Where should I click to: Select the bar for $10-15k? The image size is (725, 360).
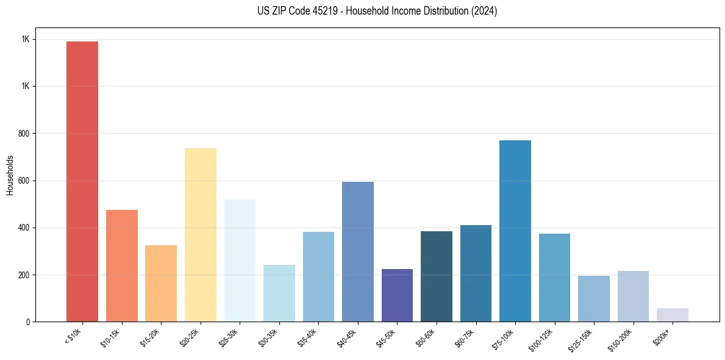point(121,265)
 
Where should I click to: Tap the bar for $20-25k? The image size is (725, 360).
point(200,235)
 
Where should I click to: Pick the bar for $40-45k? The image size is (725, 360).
point(357,251)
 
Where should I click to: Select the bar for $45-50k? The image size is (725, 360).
point(397,295)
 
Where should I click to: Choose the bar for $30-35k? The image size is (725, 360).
point(279,293)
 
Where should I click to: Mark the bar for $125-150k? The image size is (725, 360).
point(593,298)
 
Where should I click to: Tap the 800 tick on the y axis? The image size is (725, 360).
point(24,134)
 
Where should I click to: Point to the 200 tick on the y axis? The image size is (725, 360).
point(24,275)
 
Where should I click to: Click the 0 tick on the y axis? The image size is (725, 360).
point(27,322)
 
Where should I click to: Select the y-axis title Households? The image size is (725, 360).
point(10,175)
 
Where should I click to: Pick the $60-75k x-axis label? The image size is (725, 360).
point(466,338)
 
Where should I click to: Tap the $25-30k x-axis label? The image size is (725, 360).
point(230,338)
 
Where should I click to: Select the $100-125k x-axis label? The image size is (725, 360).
point(544,339)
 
